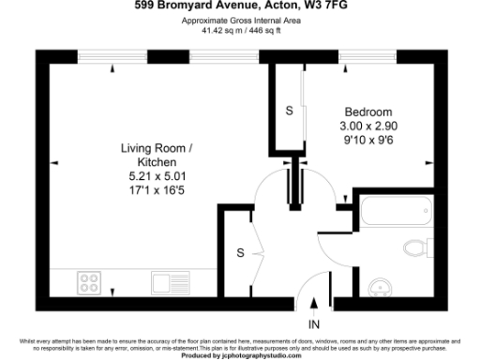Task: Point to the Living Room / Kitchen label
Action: (158, 155)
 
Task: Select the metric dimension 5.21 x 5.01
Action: (158, 175)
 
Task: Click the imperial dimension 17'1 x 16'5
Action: (158, 188)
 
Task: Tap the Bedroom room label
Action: (367, 110)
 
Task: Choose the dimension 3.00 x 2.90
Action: (367, 124)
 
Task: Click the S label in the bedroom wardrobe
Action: (289, 111)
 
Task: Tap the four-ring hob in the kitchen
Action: (91, 281)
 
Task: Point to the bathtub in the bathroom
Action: (393, 215)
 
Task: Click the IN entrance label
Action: (313, 324)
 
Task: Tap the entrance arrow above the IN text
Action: (313, 304)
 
